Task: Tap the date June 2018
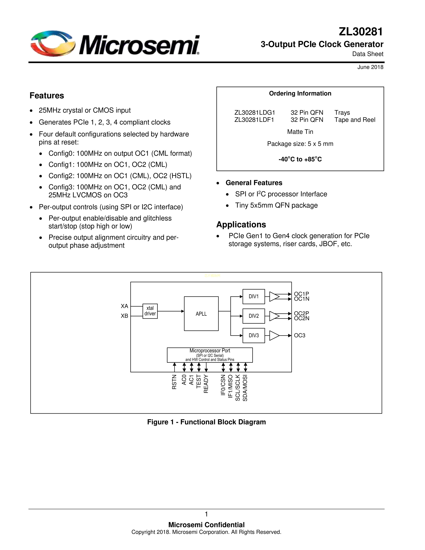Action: coord(370,67)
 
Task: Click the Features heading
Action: coord(47,96)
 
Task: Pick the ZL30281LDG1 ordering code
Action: coord(254,112)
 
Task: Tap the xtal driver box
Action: coord(150,311)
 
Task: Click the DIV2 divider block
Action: coord(253,316)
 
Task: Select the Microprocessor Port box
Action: coord(210,355)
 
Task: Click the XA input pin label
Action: coord(124,306)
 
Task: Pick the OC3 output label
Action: coord(300,335)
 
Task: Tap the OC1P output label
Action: coord(301,294)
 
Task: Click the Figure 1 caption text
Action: coord(206,422)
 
